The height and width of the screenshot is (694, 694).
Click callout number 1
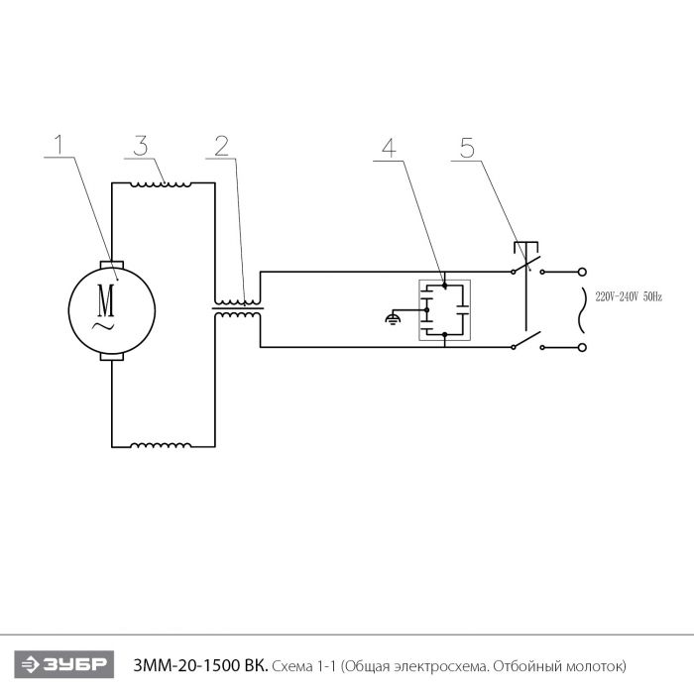[58, 144]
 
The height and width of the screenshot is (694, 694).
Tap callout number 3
[141, 146]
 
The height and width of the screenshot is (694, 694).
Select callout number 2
[222, 146]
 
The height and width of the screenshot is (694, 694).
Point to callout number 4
[389, 148]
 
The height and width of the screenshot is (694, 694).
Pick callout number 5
[467, 148]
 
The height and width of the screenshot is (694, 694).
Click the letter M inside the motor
[106, 300]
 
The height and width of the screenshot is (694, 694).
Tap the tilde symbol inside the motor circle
[103, 327]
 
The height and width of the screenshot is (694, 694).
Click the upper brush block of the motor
[112, 265]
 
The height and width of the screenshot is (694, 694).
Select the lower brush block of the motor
[112, 357]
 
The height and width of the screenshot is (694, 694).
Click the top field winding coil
[161, 184]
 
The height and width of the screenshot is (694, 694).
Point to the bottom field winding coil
[161, 445]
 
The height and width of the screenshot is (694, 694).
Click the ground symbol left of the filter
[393, 318]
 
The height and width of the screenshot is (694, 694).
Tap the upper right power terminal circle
[583, 273]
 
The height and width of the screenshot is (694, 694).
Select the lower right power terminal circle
[583, 347]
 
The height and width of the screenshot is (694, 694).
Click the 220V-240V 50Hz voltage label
[629, 297]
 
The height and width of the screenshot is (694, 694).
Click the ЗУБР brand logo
[64, 664]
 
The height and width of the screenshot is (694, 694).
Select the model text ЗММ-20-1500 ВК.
[200, 665]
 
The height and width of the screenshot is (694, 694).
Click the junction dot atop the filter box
[445, 287]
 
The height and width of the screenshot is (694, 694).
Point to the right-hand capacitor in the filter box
[463, 309]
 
